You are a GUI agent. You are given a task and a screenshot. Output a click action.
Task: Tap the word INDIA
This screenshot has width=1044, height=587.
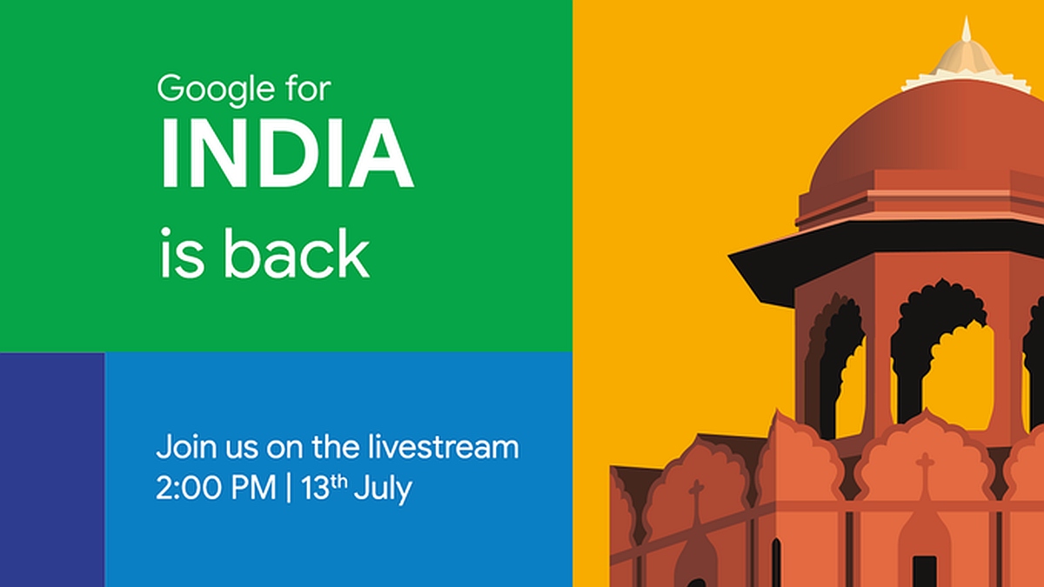(x=285, y=157)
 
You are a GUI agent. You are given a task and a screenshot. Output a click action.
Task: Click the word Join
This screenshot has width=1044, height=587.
(x=179, y=449)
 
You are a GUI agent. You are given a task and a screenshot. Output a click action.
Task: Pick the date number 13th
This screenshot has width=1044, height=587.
(x=323, y=488)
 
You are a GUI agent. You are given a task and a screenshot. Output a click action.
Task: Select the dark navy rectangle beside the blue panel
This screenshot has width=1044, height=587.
(x=52, y=470)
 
